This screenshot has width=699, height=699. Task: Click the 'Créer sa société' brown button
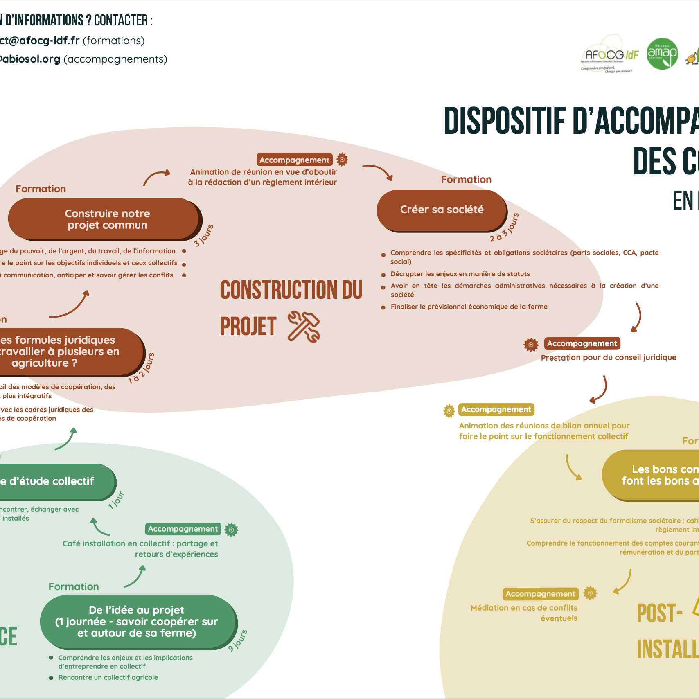click(x=442, y=210)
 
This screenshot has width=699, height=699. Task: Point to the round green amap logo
click(x=662, y=54)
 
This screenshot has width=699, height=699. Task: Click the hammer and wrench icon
click(x=304, y=326)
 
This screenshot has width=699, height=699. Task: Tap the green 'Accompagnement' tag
click(x=183, y=529)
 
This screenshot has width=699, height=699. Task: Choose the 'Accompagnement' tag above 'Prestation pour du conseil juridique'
click(x=582, y=343)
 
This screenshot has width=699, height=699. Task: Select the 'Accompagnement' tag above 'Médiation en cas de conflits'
click(x=540, y=594)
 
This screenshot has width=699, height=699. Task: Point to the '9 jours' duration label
click(x=238, y=640)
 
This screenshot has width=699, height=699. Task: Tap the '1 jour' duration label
click(x=116, y=500)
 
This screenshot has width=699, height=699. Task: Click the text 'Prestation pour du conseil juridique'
click(x=609, y=358)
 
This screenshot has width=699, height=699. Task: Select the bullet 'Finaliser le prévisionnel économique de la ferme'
click(x=469, y=307)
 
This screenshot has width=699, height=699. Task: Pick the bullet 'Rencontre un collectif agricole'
click(x=108, y=677)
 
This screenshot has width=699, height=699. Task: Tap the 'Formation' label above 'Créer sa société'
click(x=466, y=180)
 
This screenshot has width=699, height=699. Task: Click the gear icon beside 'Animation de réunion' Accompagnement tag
click(x=342, y=159)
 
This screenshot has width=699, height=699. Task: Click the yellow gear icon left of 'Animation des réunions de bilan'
click(x=449, y=410)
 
